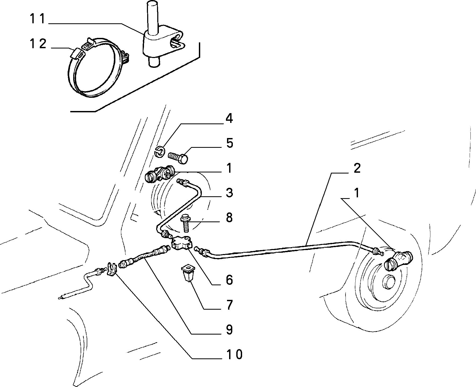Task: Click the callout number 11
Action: click(x=38, y=19)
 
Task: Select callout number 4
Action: click(x=229, y=118)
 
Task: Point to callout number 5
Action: click(x=229, y=143)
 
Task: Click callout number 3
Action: click(x=229, y=193)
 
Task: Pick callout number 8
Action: click(x=229, y=217)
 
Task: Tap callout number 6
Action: click(x=229, y=280)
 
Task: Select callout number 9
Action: click(x=229, y=330)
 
